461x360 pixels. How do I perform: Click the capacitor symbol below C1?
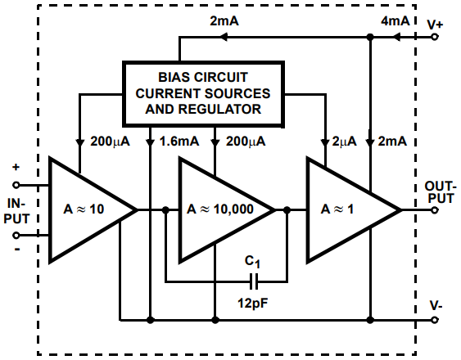coord(255,282)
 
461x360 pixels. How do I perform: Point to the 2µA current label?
coord(341,141)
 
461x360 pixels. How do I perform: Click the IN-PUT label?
coord(19,209)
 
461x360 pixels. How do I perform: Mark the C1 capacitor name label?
coord(255,263)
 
